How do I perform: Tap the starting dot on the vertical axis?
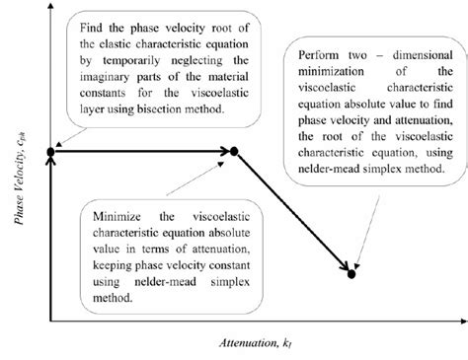tap(51, 151)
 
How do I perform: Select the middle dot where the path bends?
tap(235, 151)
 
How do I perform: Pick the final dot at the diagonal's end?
tap(352, 273)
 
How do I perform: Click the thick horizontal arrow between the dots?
tap(143, 151)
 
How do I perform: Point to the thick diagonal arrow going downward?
tap(294, 212)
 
